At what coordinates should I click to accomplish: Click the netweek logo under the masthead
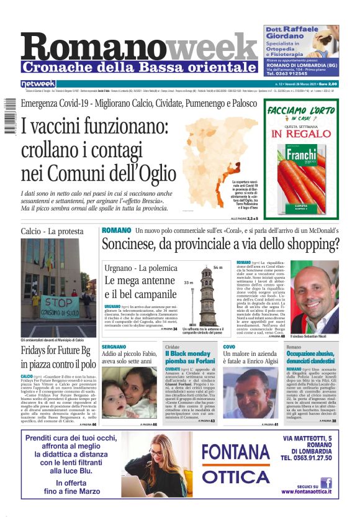click(38, 83)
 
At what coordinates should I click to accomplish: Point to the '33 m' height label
click(189, 282)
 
